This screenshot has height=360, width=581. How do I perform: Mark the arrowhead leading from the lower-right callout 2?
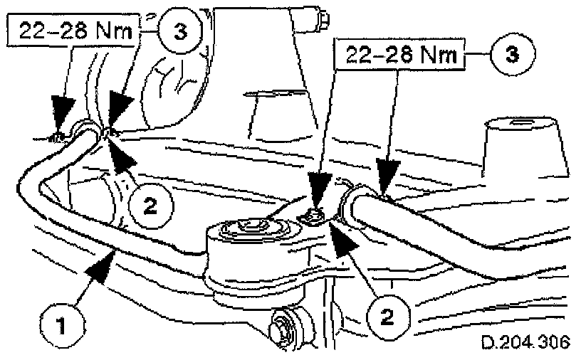click(343, 235)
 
